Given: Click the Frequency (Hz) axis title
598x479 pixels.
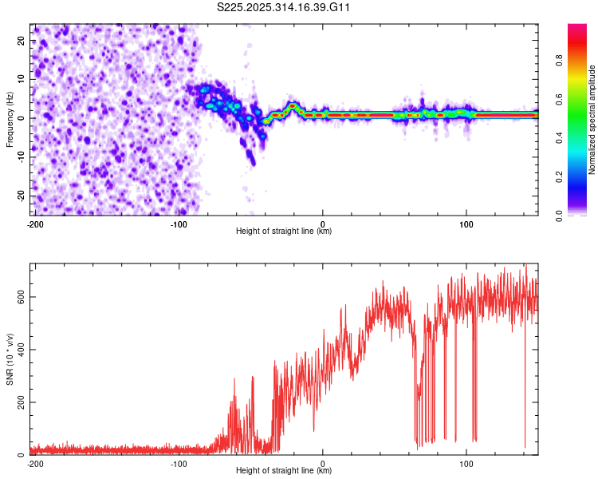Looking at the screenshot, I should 10,119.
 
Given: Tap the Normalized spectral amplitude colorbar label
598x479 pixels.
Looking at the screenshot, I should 592,120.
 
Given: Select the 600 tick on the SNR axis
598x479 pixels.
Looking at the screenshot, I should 19,296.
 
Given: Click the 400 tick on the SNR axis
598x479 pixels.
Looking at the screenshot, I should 19,349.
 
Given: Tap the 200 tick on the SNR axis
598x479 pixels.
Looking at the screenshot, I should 19,402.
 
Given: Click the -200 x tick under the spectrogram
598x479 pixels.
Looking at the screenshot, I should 35,224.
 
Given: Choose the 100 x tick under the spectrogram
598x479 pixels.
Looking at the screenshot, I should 466,224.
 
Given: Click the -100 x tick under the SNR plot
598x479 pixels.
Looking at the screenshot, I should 179,463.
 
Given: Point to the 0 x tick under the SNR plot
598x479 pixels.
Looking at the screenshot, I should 323,463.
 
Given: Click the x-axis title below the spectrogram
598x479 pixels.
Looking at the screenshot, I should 284,232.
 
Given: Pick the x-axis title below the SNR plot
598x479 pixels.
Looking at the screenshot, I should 284,471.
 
